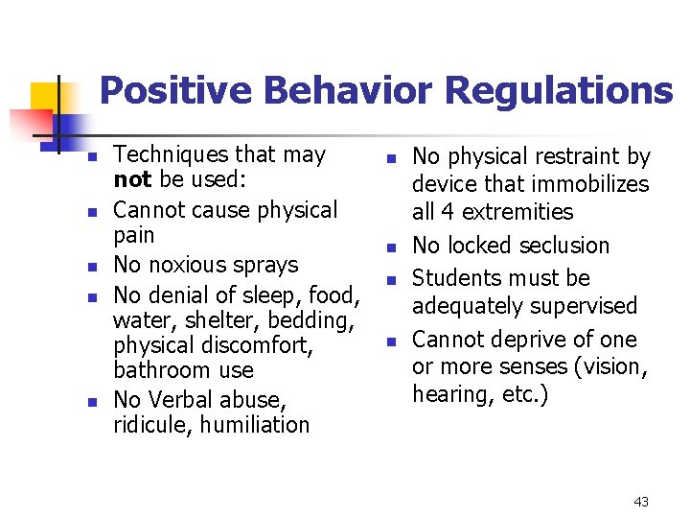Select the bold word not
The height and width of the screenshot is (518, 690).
(x=128, y=179)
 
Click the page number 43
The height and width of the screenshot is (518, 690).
(x=641, y=502)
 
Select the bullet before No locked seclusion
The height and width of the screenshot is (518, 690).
(x=390, y=248)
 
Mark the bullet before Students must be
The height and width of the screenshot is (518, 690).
(x=390, y=280)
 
